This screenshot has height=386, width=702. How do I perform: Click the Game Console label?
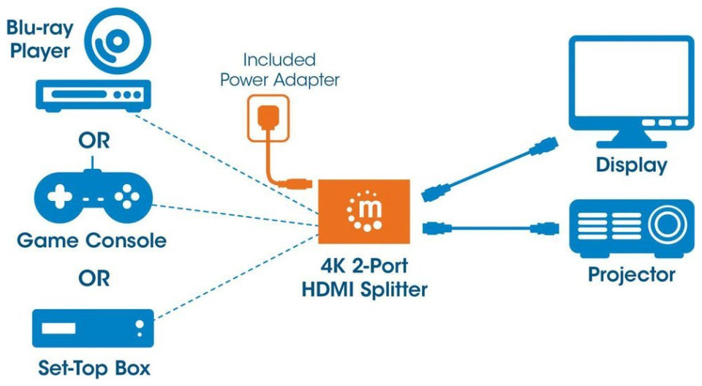point(91,241)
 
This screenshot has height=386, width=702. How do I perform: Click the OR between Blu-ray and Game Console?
point(94,140)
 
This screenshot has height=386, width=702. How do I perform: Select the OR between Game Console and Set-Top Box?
point(94,279)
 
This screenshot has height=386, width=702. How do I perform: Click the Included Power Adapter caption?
point(280,69)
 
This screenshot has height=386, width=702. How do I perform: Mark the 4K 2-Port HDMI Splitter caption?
point(364,279)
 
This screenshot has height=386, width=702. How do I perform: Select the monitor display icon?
point(631,88)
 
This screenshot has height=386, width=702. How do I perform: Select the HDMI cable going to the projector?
point(490,227)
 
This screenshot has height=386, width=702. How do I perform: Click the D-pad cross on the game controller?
point(59,197)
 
